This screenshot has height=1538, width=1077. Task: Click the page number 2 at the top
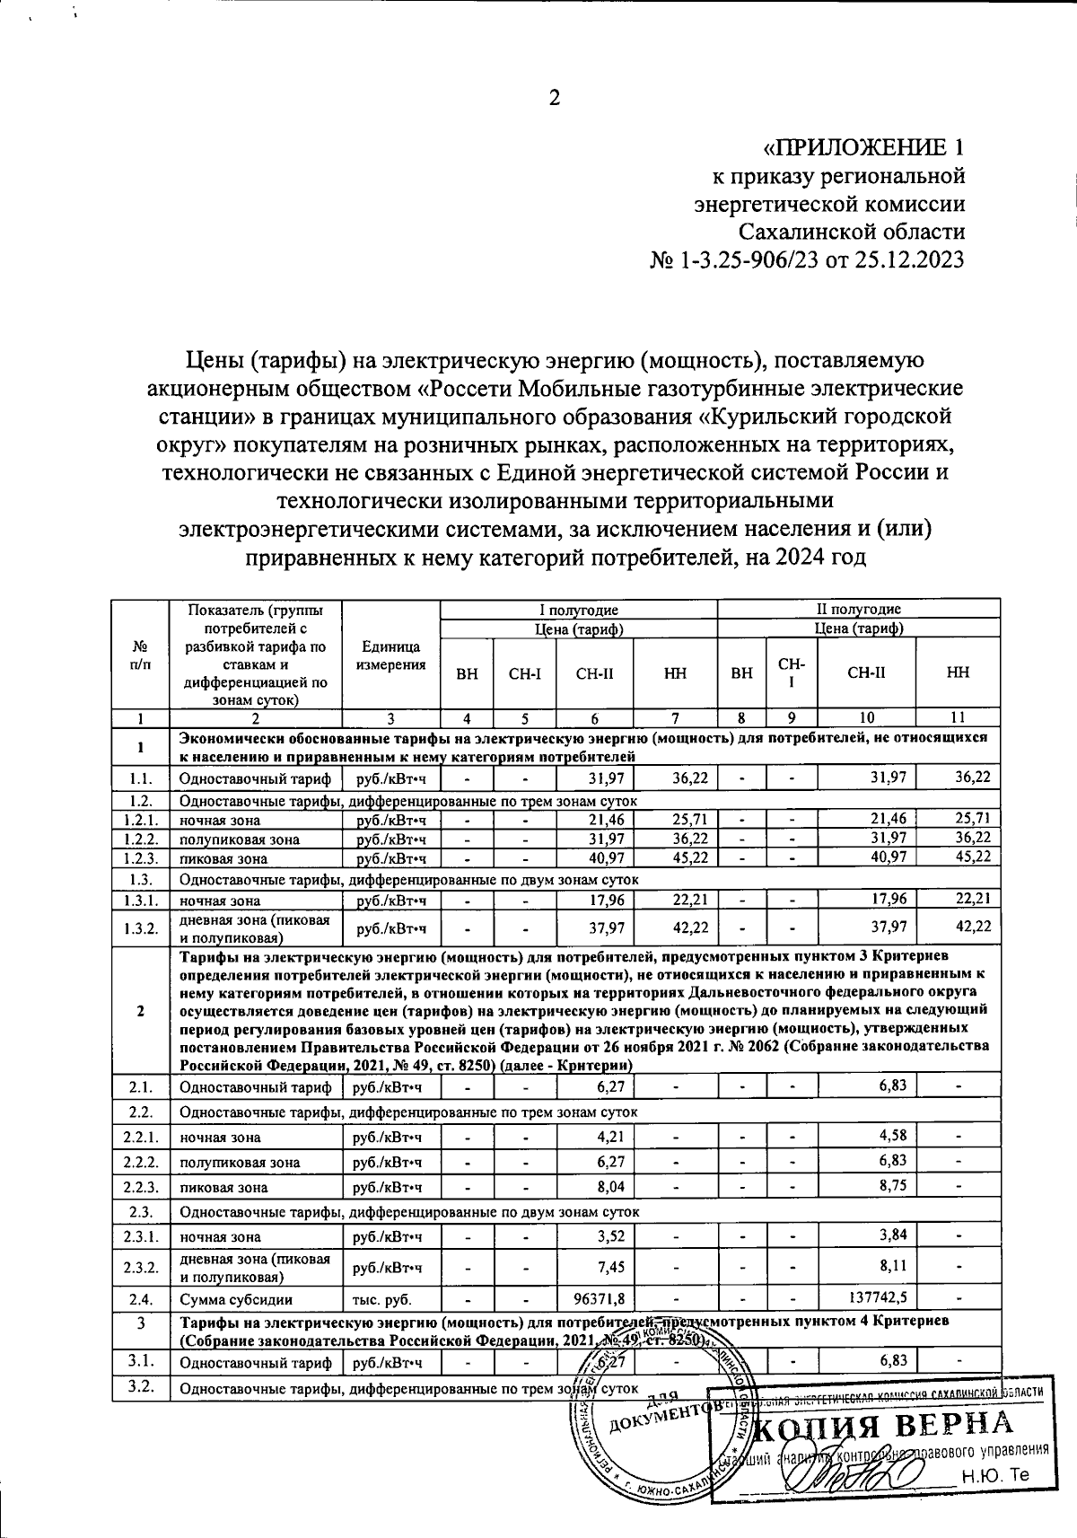point(554,98)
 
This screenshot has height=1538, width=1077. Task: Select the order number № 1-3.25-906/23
point(725,260)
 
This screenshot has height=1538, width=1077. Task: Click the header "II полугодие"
point(858,609)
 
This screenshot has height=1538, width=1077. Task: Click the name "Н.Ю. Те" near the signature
point(993,1475)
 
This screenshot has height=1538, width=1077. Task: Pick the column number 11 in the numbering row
point(958,717)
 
